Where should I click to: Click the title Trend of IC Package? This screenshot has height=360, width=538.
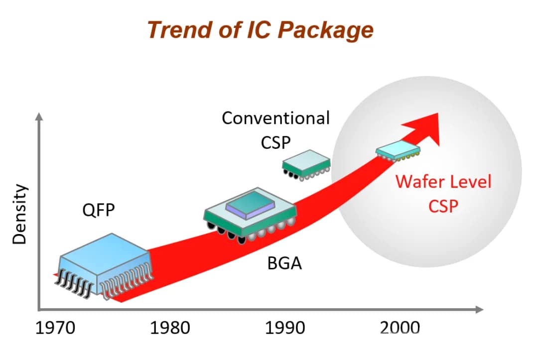click(260, 30)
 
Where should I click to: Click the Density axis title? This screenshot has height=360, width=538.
click(19, 214)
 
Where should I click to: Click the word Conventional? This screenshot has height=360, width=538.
click(275, 119)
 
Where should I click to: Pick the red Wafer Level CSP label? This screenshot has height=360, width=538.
click(443, 193)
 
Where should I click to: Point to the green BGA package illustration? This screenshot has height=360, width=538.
click(250, 215)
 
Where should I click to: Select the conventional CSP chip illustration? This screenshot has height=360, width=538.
click(306, 163)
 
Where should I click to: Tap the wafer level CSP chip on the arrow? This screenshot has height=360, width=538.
click(398, 149)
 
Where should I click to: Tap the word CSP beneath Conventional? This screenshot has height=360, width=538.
click(275, 142)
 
